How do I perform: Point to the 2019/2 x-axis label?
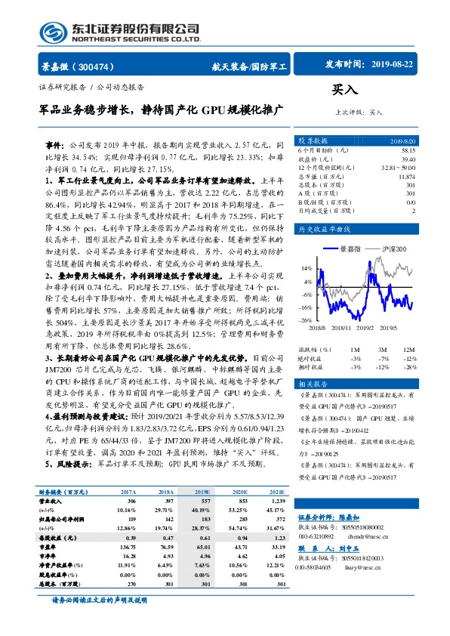coord(366,327)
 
